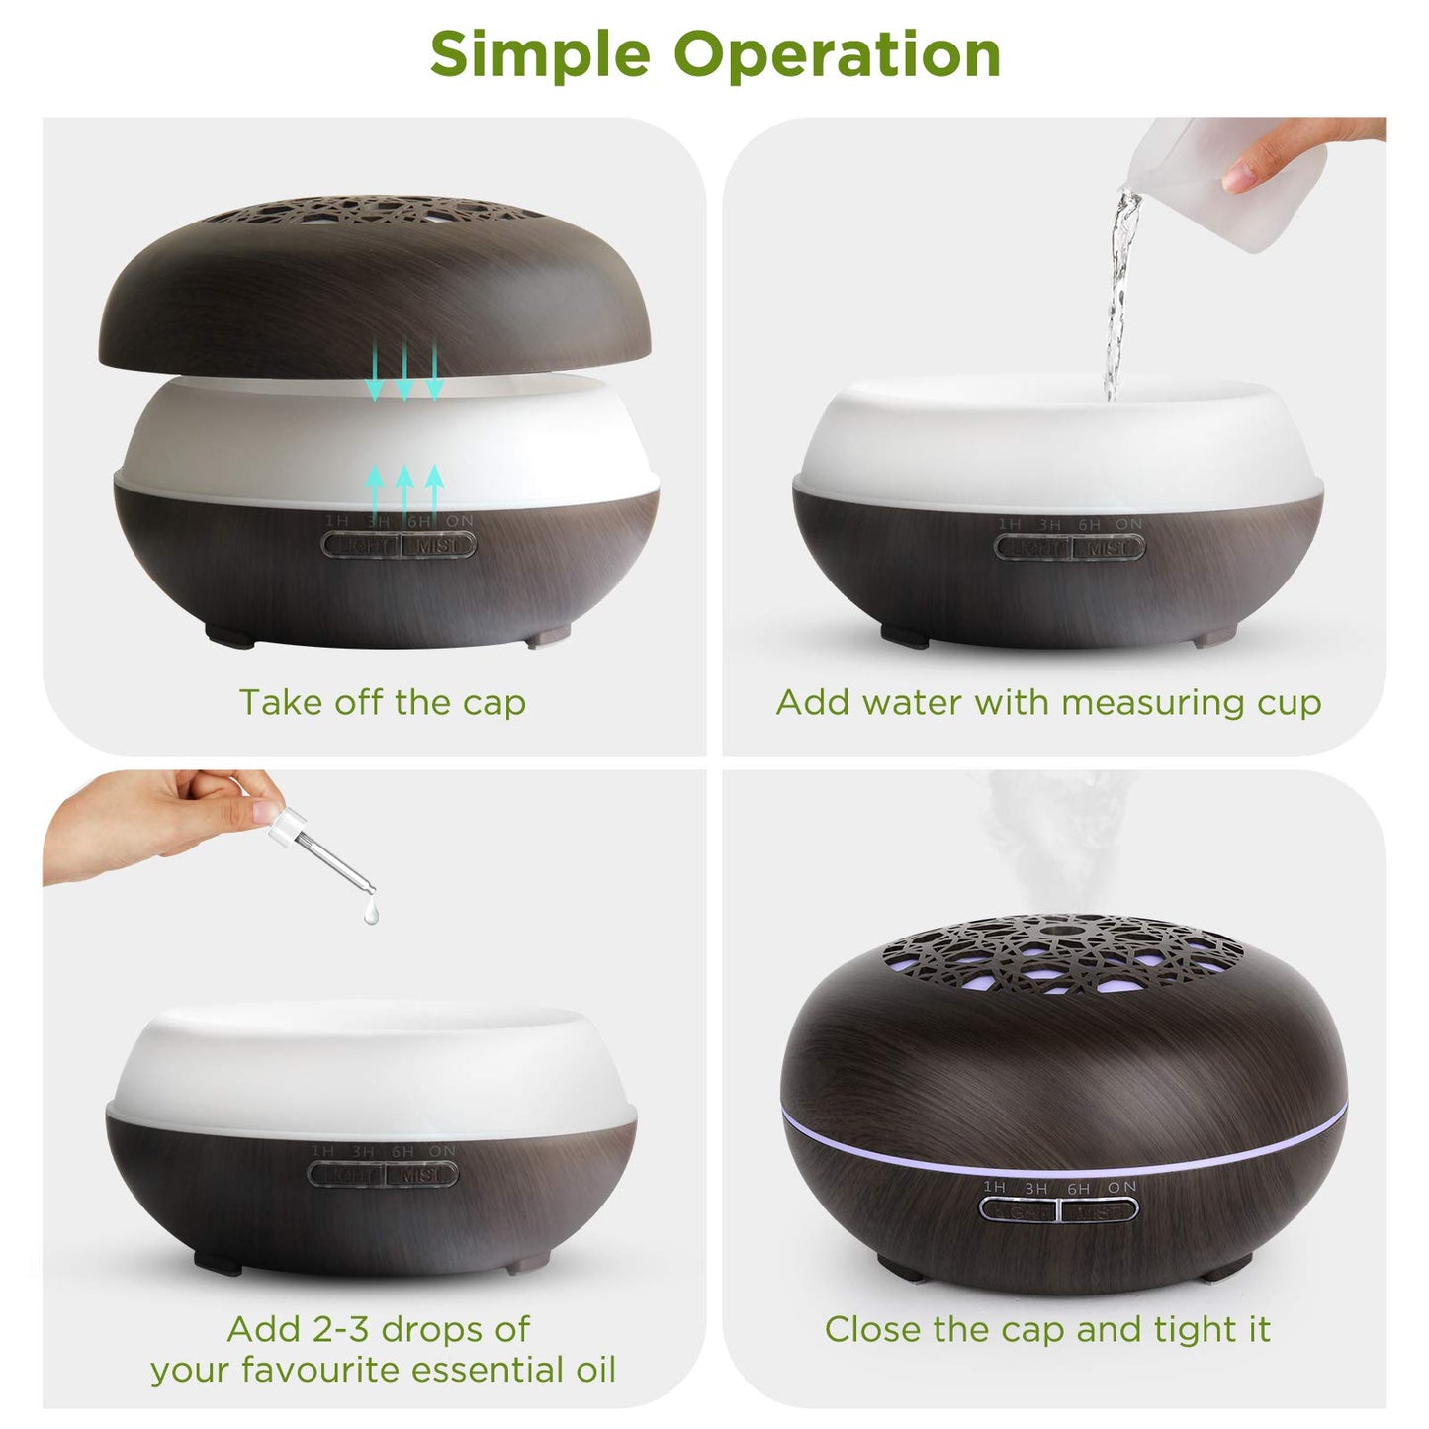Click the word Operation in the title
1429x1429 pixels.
837,54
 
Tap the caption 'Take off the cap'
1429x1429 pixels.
383,702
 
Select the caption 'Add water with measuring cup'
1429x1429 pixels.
1048,702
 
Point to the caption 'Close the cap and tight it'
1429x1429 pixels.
1047,1329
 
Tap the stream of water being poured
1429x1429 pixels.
1119,297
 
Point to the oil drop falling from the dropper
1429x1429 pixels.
371,915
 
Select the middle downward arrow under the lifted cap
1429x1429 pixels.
403,372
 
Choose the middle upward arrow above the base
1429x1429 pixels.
403,491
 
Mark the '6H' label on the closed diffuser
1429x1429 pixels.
1078,1188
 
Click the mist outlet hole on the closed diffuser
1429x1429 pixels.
1061,931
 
